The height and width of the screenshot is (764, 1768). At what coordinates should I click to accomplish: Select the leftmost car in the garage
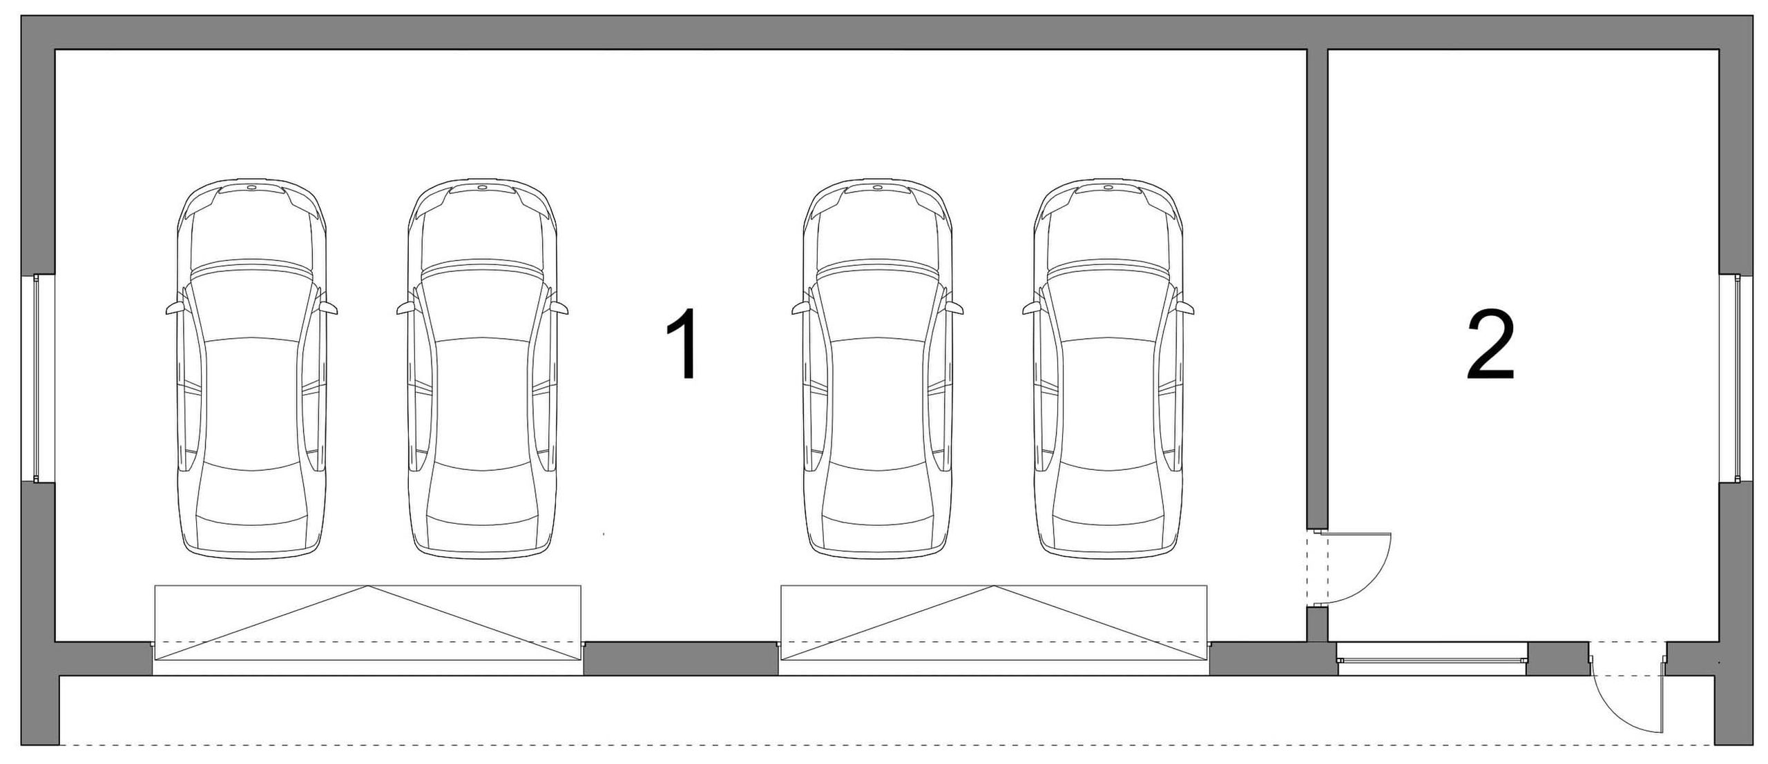[x=252, y=369]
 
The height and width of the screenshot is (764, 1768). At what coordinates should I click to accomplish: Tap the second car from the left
[x=483, y=369]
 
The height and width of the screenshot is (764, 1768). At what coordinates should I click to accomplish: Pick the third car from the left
[x=878, y=369]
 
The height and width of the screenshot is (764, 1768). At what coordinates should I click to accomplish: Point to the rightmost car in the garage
[x=1108, y=369]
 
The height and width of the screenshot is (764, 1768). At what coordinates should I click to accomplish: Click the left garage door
[x=367, y=623]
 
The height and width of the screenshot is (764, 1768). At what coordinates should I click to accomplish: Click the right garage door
[x=994, y=623]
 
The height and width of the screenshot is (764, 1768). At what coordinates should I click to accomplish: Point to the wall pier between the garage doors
[x=682, y=658]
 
